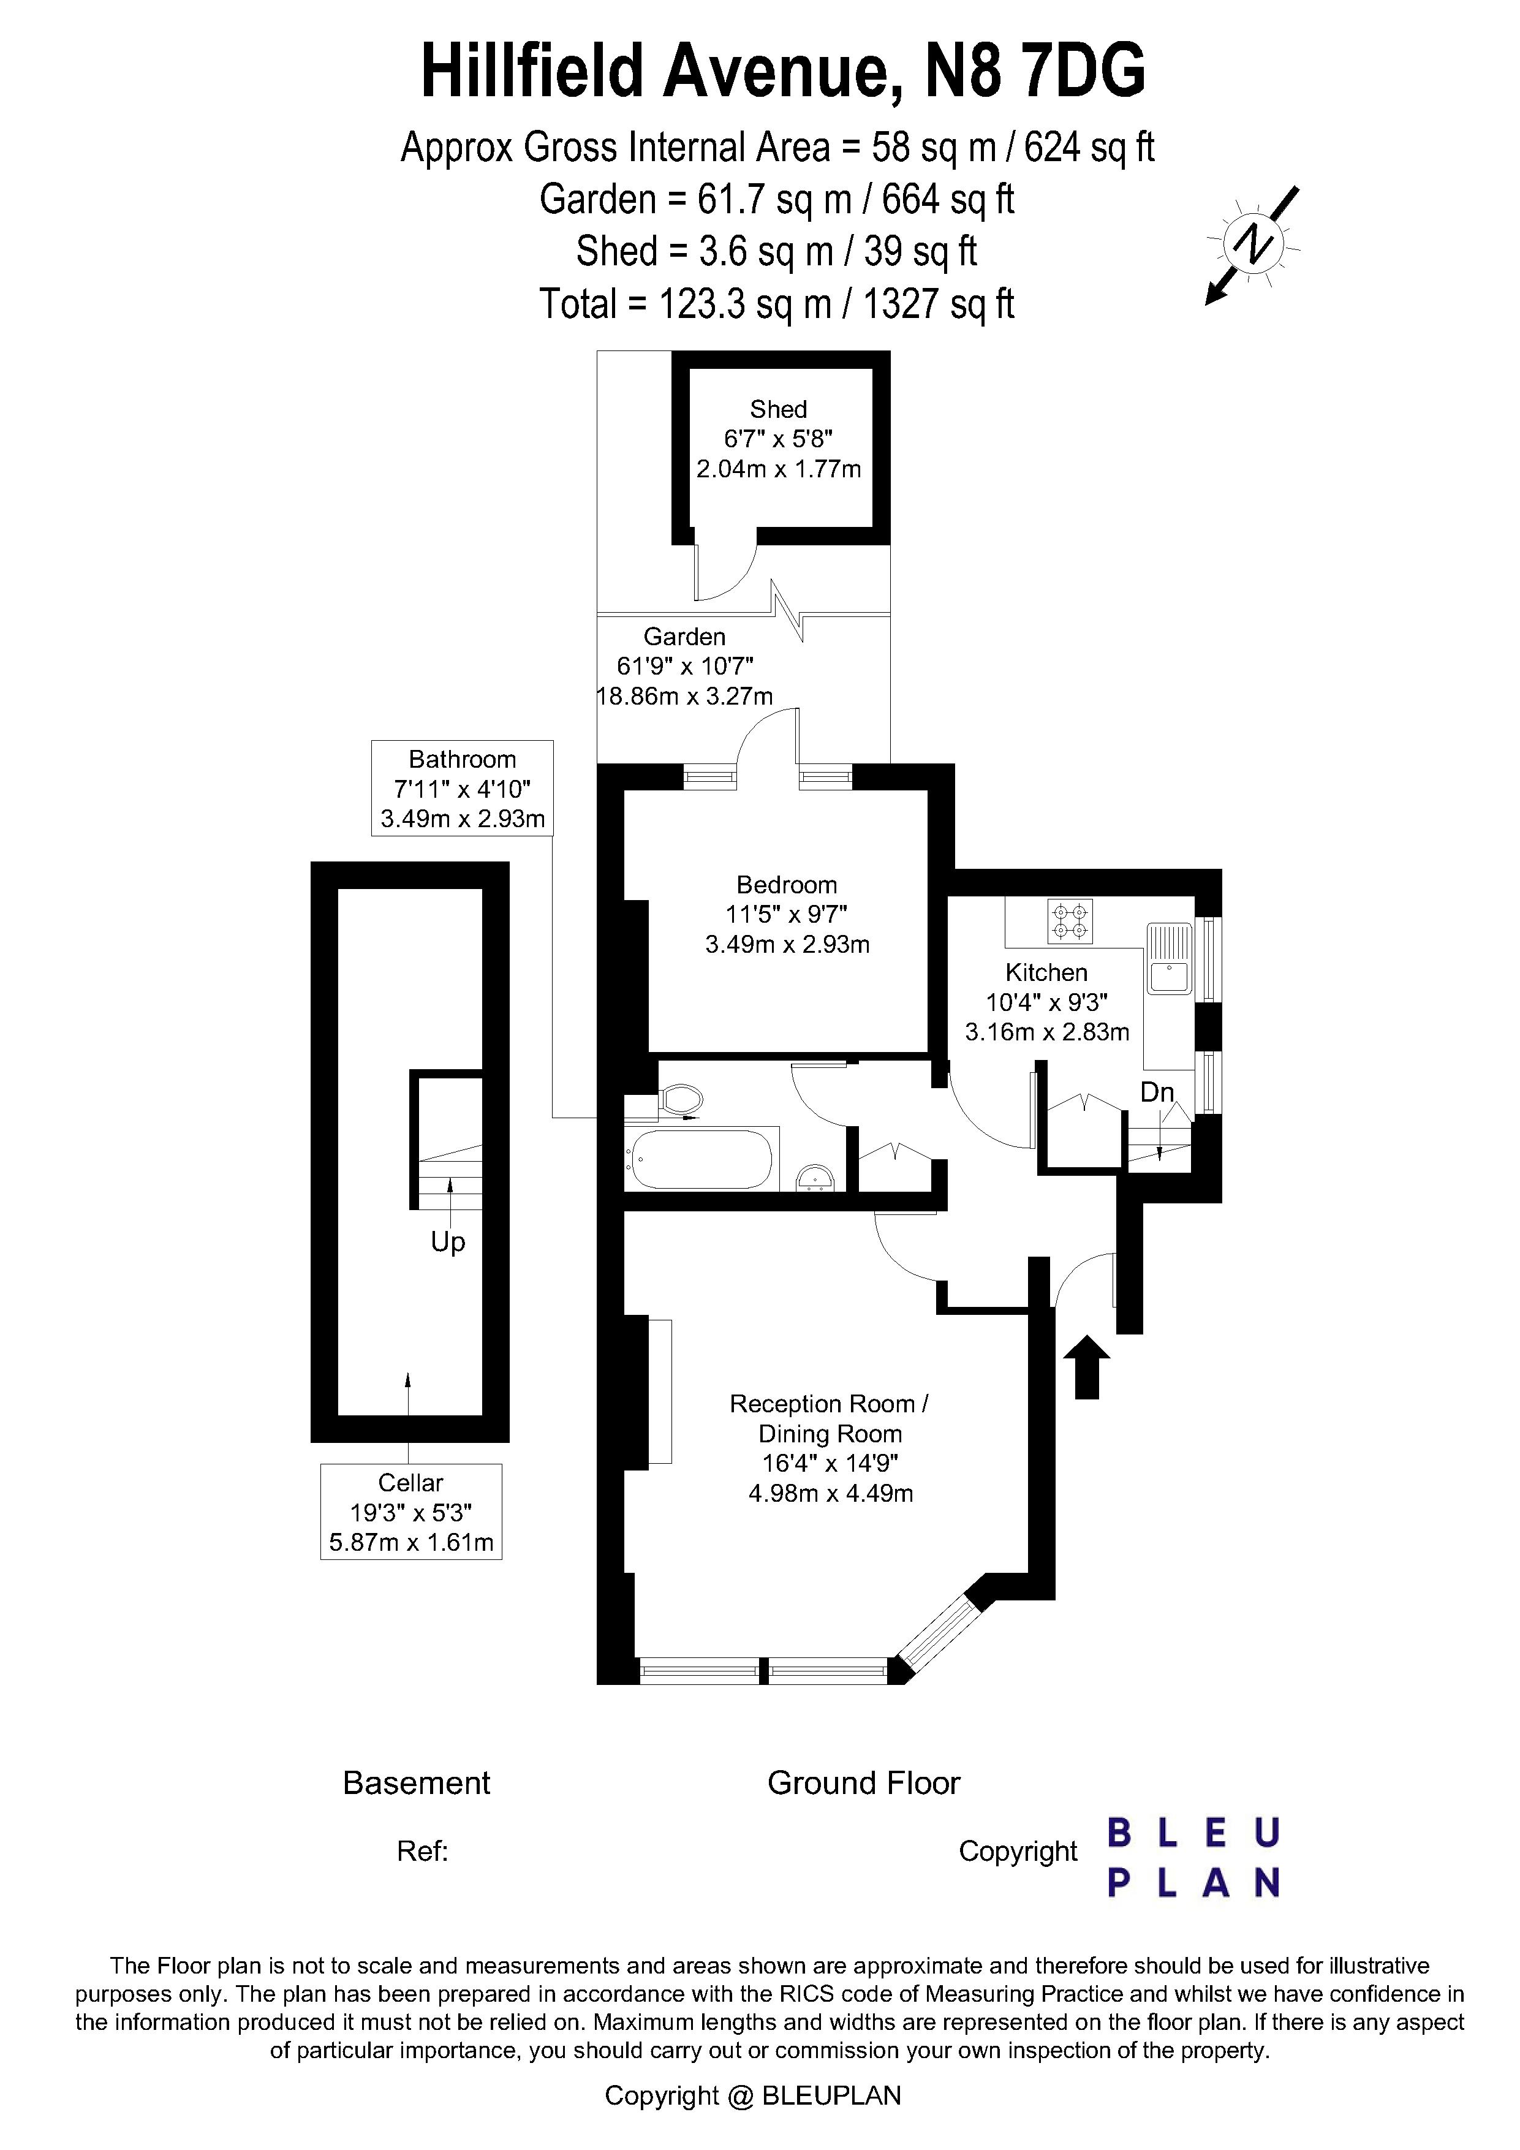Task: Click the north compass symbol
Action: [1252, 245]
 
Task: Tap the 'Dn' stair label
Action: [1157, 1092]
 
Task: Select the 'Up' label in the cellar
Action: [448, 1243]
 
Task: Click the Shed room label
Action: [778, 409]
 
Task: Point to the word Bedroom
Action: [787, 885]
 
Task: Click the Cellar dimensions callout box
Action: [411, 1512]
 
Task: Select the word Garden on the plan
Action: [684, 637]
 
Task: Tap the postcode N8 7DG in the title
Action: [1035, 72]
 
